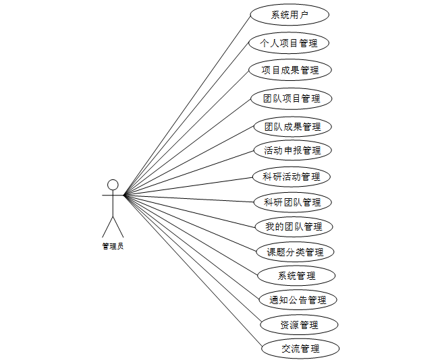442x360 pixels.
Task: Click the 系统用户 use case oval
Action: (x=289, y=15)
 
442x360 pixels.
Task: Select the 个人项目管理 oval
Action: (x=289, y=43)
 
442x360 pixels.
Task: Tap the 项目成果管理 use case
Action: (x=290, y=69)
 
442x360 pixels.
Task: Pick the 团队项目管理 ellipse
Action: (x=292, y=98)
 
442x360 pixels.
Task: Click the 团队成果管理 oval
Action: (x=292, y=126)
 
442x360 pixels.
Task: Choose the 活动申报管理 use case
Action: (x=292, y=150)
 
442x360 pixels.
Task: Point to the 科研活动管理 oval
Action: (x=292, y=177)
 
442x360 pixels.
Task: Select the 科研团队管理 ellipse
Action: (x=292, y=202)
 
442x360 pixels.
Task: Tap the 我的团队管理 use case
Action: (x=294, y=227)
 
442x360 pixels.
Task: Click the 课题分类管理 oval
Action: (x=296, y=252)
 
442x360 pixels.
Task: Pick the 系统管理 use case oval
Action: (x=296, y=276)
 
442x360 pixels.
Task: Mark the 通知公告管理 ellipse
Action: (x=298, y=300)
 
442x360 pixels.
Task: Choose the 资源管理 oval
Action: (x=299, y=325)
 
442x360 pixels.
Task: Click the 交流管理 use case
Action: (x=300, y=349)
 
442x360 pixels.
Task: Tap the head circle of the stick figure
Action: (x=113, y=184)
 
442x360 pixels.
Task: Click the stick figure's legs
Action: (x=113, y=227)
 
